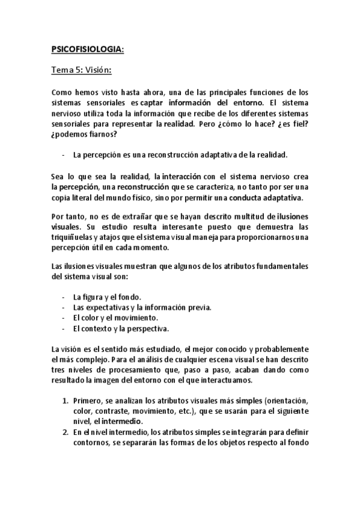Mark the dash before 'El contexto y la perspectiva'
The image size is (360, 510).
(x=63, y=328)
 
